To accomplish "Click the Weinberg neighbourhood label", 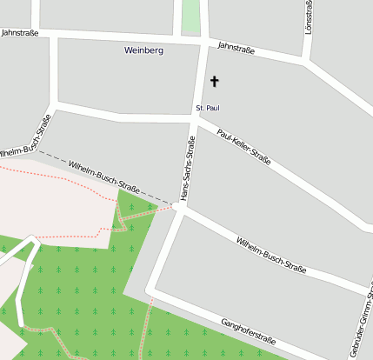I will click(x=144, y=50).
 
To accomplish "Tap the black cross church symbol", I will click(x=215, y=82).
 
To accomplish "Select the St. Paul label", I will click(x=206, y=108).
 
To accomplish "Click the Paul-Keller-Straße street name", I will click(x=245, y=147).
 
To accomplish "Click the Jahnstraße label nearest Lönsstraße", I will click(x=236, y=50).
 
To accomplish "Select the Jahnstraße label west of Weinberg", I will click(x=20, y=32).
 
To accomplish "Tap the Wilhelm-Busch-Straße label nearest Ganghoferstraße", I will click(x=271, y=254).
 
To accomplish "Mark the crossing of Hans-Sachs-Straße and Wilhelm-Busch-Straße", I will click(x=181, y=206).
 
